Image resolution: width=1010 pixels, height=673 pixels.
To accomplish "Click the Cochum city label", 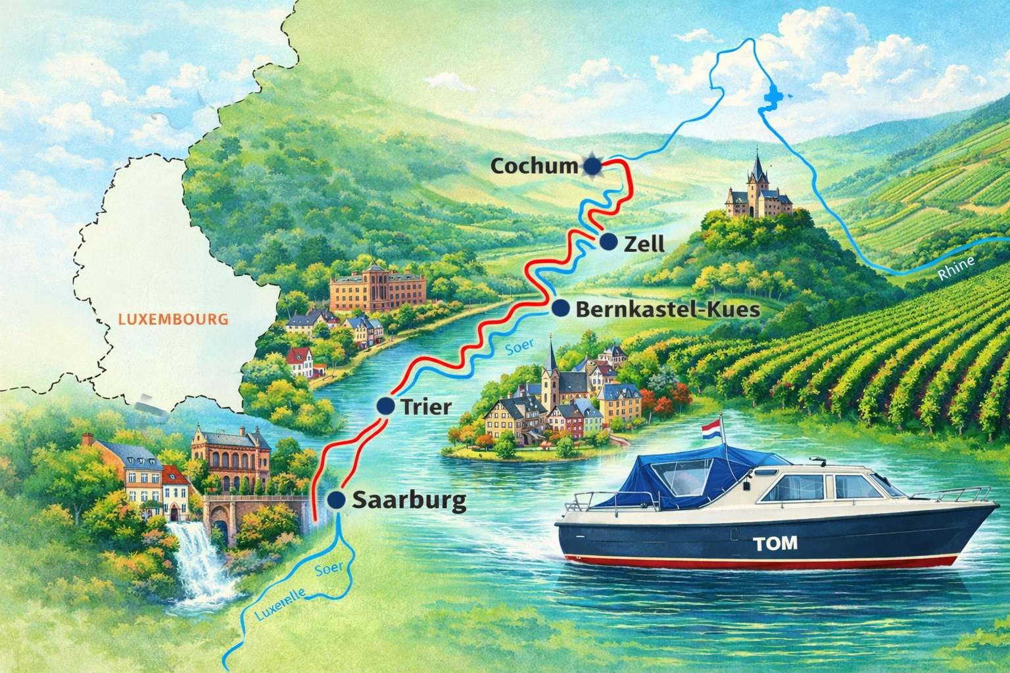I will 534,166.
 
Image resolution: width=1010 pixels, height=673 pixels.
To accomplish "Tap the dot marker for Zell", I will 609,242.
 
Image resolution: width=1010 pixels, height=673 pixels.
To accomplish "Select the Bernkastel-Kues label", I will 667,310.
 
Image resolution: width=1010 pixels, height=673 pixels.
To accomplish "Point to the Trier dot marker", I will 385,406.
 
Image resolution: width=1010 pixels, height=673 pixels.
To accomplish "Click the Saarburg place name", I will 409,501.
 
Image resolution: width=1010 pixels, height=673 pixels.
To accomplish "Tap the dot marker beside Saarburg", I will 336,499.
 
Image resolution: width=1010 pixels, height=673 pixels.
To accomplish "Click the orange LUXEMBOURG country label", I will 174,320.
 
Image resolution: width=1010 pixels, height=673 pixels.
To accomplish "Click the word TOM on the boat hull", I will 775,543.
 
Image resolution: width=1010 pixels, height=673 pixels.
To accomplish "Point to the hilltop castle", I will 759,191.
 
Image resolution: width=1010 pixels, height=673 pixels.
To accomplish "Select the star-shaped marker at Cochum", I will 592,165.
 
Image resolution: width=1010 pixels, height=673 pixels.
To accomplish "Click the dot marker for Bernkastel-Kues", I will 561,308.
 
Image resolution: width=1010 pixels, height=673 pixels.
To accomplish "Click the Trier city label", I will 425,407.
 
